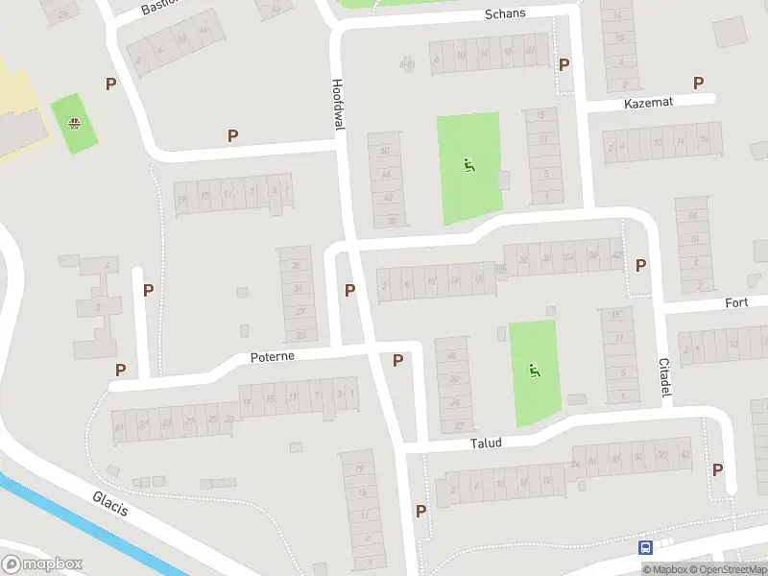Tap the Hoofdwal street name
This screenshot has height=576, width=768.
[x=337, y=99]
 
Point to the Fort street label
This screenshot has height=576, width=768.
[x=736, y=302]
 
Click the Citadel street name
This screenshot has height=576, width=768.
[x=664, y=378]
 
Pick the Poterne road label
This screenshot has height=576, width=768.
[x=272, y=355]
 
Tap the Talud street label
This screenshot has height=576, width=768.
[x=486, y=443]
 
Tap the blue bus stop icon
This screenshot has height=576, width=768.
[x=645, y=547]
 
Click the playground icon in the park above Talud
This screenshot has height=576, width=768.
[x=535, y=371]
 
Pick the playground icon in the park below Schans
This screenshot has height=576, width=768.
[x=468, y=164]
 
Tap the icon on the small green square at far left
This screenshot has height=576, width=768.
[x=74, y=123]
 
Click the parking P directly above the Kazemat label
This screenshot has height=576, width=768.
[x=698, y=84]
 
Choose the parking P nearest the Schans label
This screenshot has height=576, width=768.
[x=564, y=64]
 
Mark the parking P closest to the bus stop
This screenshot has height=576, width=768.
[x=717, y=469]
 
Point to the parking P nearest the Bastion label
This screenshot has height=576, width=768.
[x=110, y=84]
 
